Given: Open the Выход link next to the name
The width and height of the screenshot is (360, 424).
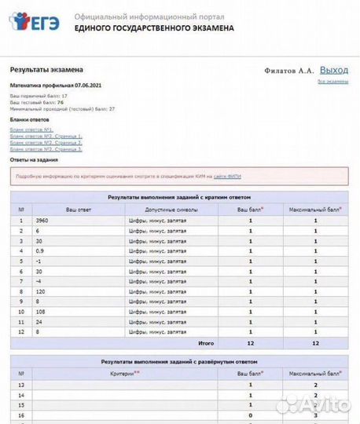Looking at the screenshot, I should pyautogui.click(x=333, y=70).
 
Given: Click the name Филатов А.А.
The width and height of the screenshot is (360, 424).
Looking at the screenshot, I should pyautogui.click(x=291, y=71).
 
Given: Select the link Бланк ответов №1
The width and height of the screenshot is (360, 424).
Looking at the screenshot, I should pyautogui.click(x=31, y=129).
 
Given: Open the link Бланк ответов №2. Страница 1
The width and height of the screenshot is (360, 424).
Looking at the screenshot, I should pyautogui.click(x=46, y=136).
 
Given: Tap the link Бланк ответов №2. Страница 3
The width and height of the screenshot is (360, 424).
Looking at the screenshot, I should pyautogui.click(x=46, y=148).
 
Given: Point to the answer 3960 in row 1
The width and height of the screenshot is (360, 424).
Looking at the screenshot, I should pyautogui.click(x=42, y=221).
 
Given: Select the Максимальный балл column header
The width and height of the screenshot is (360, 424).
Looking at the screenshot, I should pyautogui.click(x=314, y=210).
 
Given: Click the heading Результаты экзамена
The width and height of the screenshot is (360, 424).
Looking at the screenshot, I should pyautogui.click(x=40, y=70).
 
